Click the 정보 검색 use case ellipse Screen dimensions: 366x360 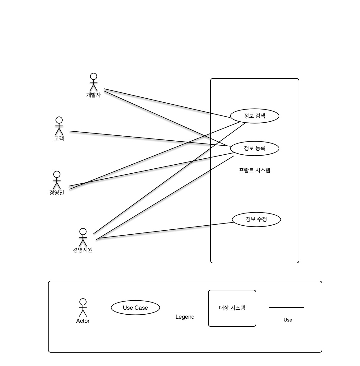point(254,116)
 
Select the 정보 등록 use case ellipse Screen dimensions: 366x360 point(254,148)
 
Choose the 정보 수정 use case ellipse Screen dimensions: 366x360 point(256,219)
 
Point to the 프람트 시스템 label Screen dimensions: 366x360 point(254,170)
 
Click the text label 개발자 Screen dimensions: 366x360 point(93,95)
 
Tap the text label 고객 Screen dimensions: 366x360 point(59,138)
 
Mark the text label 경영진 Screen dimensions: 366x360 point(57,193)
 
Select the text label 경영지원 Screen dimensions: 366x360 point(83,250)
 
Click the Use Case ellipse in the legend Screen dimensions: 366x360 point(135,308)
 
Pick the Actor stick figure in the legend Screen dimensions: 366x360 point(83,307)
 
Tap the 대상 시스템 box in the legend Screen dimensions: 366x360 point(232,308)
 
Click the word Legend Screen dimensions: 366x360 point(185,317)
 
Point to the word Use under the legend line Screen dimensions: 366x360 point(288,320)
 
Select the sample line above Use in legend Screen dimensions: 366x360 point(287,307)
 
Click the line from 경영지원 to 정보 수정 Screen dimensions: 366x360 point(165,231)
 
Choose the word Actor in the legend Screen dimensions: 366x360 point(83,321)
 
